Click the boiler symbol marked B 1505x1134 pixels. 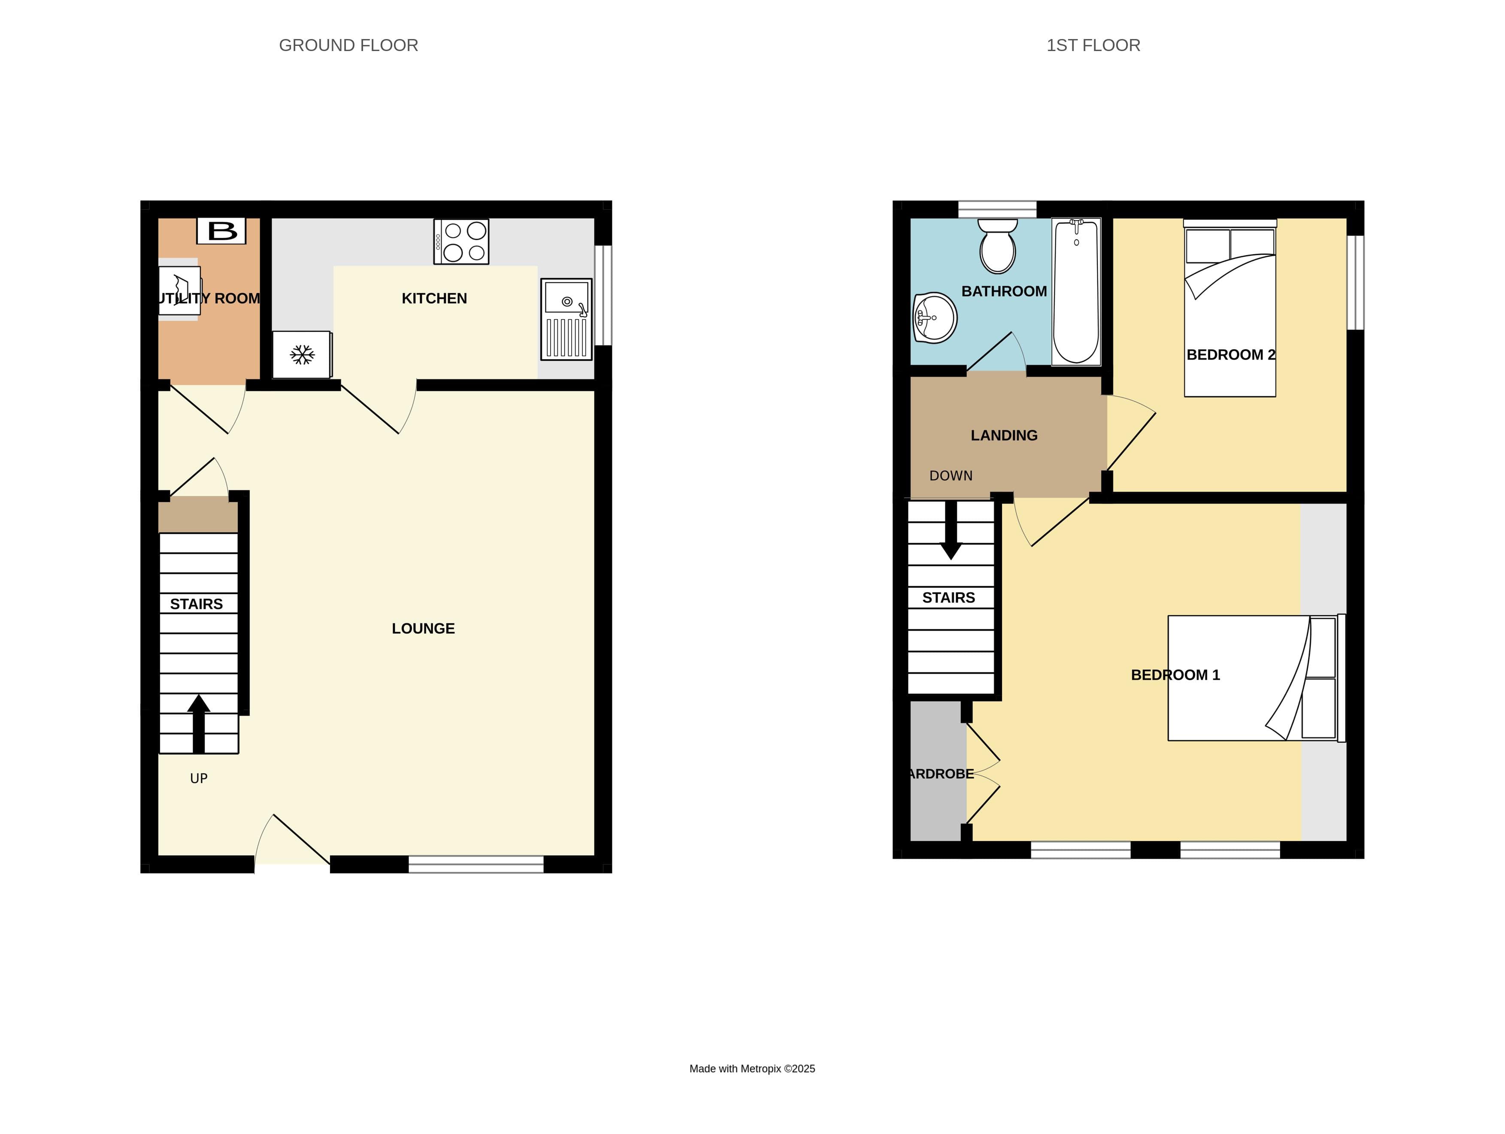coord(221,230)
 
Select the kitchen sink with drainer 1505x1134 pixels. coord(566,319)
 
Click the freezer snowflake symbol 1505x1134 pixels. coord(302,354)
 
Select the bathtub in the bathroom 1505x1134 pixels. coord(1076,291)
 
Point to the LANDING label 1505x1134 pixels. coord(1004,435)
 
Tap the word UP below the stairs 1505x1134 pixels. coord(199,778)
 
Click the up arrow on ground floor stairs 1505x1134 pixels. coord(199,723)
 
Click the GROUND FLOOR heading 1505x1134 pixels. coord(348,45)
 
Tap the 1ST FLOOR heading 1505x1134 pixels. coord(1093,45)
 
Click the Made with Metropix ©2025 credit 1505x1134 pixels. coord(752,1069)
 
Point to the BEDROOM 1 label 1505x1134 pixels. coord(1175,675)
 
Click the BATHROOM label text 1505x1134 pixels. coord(1004,291)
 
